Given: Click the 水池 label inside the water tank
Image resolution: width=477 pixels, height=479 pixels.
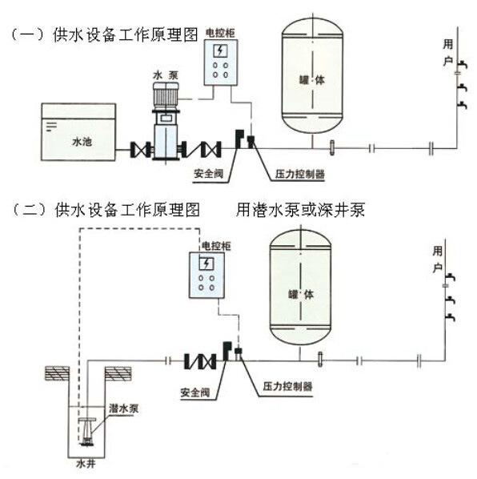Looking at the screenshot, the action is [82, 142].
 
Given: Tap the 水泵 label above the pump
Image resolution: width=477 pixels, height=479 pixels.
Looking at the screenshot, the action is [166, 75].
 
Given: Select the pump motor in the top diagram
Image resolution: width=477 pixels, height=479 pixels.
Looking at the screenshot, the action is [166, 95].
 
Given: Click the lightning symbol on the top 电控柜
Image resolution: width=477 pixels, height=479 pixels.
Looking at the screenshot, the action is [220, 50].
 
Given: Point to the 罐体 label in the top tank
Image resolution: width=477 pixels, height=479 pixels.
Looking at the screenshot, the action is [312, 80].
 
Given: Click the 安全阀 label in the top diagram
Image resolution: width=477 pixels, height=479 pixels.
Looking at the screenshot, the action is [209, 174].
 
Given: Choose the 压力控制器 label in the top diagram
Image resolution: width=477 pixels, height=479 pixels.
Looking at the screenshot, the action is [299, 174].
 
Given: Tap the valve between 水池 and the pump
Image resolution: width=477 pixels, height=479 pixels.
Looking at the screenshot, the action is [140, 150].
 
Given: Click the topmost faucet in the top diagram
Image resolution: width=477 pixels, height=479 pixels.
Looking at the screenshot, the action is [462, 65].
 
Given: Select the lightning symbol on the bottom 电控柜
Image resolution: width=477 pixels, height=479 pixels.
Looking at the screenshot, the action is [206, 264].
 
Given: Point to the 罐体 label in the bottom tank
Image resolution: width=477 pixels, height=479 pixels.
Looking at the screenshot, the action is [301, 295].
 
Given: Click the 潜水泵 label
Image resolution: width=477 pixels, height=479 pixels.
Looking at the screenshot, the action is [124, 409].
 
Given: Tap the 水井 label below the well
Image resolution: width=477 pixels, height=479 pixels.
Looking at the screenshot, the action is [86, 464].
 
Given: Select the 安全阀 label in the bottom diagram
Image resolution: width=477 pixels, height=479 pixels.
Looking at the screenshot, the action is [195, 392].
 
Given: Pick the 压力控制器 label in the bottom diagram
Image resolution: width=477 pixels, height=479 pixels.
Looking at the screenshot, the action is [288, 386].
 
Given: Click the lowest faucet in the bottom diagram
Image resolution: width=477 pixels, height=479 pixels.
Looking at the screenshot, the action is [450, 317].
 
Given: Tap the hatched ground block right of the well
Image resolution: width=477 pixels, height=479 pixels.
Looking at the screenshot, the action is [118, 373].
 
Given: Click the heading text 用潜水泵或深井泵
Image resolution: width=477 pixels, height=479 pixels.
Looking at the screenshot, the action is [301, 210].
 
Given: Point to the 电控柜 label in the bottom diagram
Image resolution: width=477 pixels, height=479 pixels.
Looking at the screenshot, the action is [216, 246].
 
